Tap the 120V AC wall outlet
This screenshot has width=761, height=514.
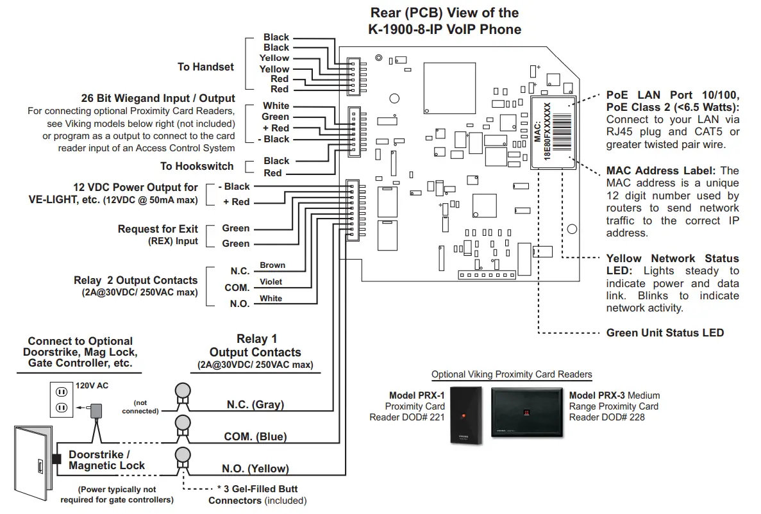62,399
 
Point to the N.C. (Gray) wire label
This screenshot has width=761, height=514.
255,404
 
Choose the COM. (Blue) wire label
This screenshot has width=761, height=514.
255,436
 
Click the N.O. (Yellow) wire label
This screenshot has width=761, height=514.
255,468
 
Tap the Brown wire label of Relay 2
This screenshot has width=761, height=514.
272,265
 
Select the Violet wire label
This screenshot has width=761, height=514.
271,282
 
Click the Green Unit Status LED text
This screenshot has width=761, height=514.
665,333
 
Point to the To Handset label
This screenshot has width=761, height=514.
206,67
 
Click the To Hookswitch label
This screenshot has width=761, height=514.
197,167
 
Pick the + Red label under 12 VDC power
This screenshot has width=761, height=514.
236,202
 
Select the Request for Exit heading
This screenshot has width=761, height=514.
158,229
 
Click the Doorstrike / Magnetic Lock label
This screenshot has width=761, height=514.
107,460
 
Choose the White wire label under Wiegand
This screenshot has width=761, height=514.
276,106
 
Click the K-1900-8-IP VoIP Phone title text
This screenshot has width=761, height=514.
444,29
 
